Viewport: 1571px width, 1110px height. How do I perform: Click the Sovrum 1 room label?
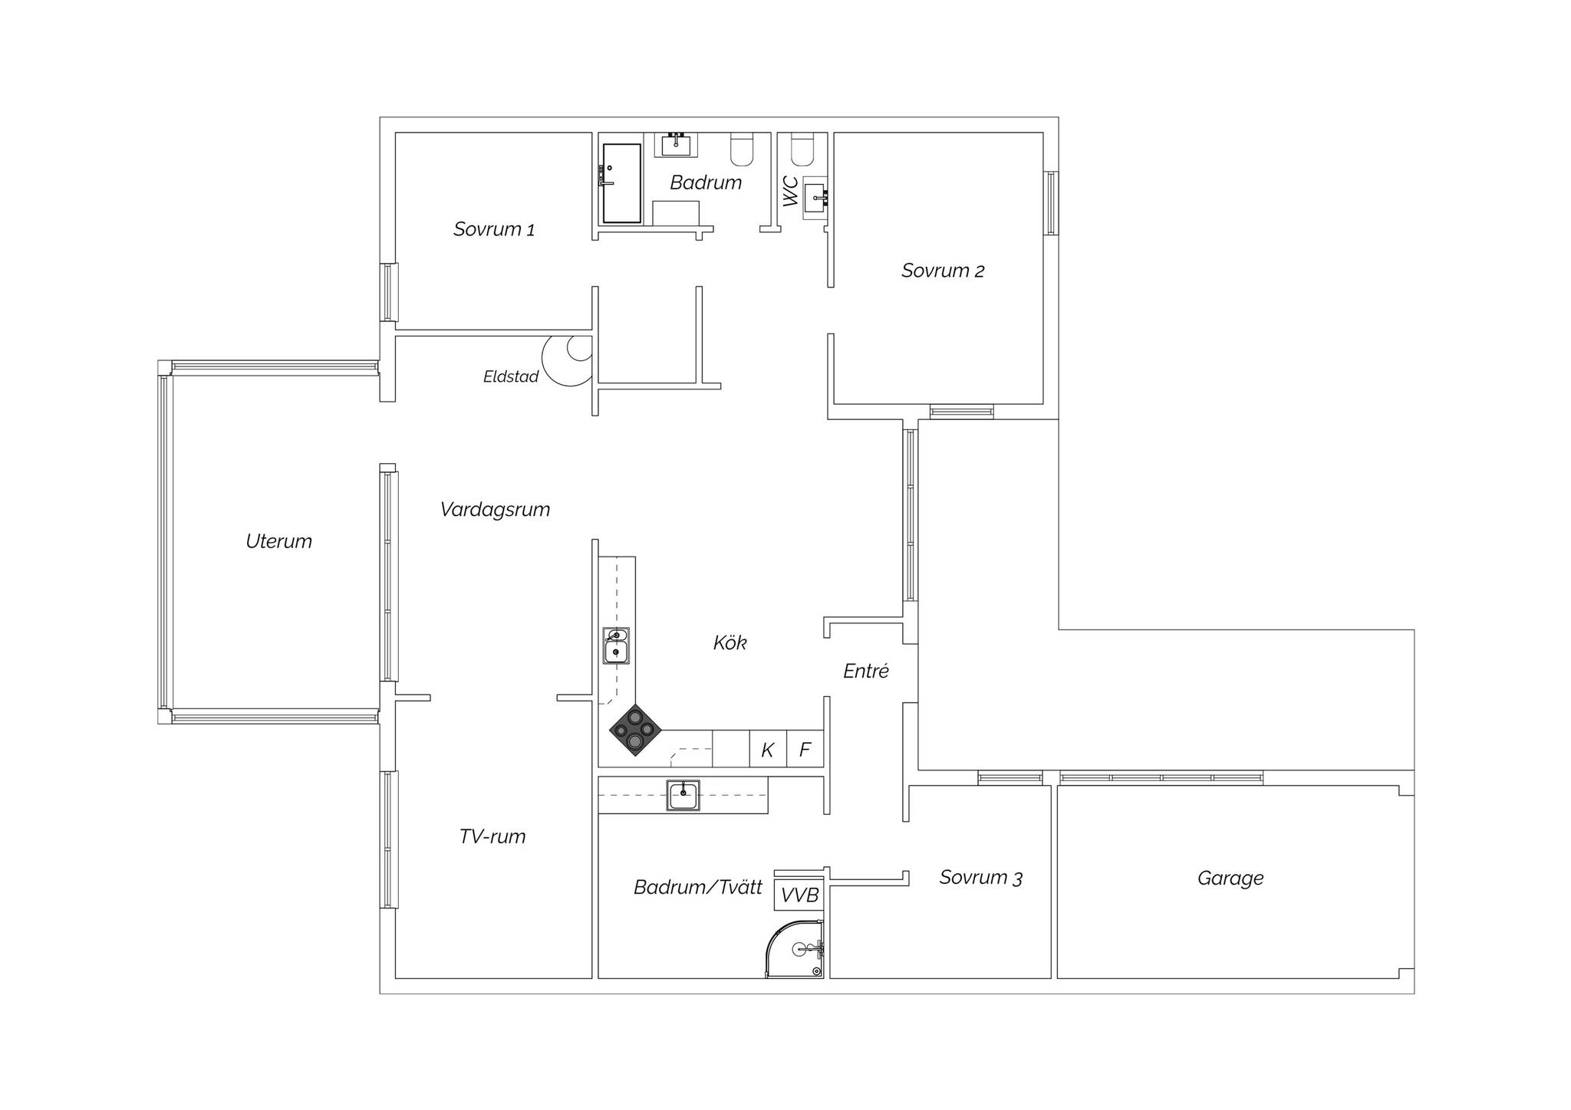click(494, 229)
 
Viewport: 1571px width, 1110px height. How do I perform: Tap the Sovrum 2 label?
click(943, 271)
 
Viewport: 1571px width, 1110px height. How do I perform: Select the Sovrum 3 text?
click(981, 878)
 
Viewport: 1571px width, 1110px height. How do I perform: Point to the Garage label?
click(1230, 878)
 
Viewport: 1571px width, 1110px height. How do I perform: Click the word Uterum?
click(278, 541)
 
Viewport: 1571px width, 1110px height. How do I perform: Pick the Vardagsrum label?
click(495, 510)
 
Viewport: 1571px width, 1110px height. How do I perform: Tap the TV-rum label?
click(492, 836)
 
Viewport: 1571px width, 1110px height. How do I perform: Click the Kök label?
click(730, 642)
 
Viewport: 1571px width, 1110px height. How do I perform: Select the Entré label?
click(866, 671)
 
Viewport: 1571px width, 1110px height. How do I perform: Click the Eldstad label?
click(511, 376)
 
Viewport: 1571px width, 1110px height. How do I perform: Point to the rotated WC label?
click(790, 192)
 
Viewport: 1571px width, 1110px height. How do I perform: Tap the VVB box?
click(799, 895)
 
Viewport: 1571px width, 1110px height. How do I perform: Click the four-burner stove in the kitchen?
click(635, 731)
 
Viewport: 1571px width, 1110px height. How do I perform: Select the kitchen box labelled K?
click(768, 749)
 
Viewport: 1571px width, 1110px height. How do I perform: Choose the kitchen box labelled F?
click(805, 749)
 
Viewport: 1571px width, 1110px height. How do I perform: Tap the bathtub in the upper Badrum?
click(621, 183)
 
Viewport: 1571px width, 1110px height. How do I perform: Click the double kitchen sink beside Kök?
click(616, 645)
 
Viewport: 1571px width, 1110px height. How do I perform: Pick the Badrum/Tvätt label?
click(698, 888)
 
